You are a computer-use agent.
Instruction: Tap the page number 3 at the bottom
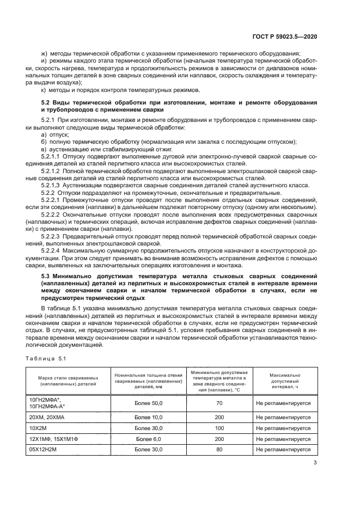315,464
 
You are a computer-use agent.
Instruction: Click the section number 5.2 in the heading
47,103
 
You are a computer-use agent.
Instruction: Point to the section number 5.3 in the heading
47,277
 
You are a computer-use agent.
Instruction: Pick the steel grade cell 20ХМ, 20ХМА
48,416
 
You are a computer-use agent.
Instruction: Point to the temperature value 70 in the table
219,403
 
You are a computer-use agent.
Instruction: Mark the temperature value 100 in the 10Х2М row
219,428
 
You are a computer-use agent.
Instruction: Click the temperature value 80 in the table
219,450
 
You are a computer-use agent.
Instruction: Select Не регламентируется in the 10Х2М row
283,428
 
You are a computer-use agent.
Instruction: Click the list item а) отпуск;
55,134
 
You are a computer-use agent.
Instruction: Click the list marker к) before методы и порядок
44,89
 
